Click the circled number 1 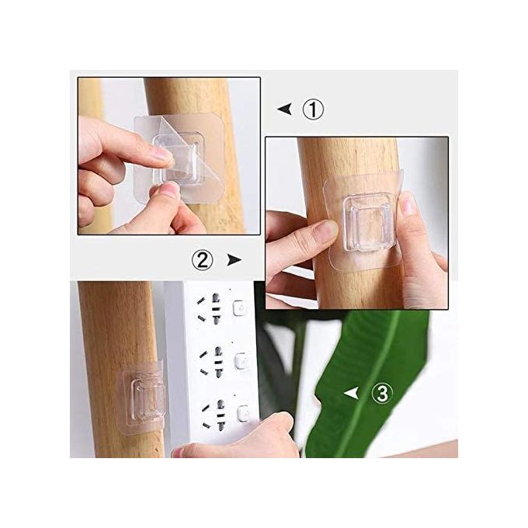pyautogui.click(x=313, y=109)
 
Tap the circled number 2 pyautogui.click(x=203, y=260)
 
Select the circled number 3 pyautogui.click(x=382, y=394)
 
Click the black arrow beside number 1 pyautogui.click(x=285, y=109)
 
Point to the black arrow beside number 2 pyautogui.click(x=234, y=260)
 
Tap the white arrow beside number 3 pyautogui.click(x=351, y=394)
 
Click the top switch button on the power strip pyautogui.click(x=239, y=308)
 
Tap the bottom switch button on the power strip pyautogui.click(x=244, y=414)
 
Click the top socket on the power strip pyautogui.click(x=210, y=307)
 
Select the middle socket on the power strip pyautogui.click(x=212, y=361)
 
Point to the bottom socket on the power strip pyautogui.click(x=214, y=415)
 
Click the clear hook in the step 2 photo pyautogui.click(x=367, y=223)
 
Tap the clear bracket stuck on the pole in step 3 pyautogui.click(x=143, y=398)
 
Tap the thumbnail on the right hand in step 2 pyautogui.click(x=408, y=204)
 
